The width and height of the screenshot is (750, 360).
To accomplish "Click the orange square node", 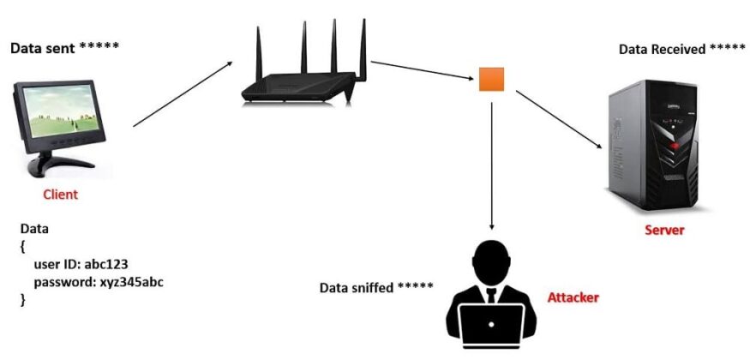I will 491,80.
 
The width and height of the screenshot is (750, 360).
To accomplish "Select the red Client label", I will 60,195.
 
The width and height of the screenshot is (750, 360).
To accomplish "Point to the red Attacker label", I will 573,298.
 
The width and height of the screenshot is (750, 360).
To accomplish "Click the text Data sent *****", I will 64,47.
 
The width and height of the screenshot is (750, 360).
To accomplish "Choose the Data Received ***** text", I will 681,50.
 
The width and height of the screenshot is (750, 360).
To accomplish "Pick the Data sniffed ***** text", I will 376,287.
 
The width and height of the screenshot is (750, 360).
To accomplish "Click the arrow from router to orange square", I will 422,71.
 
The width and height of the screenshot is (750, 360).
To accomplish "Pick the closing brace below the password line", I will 23,299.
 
